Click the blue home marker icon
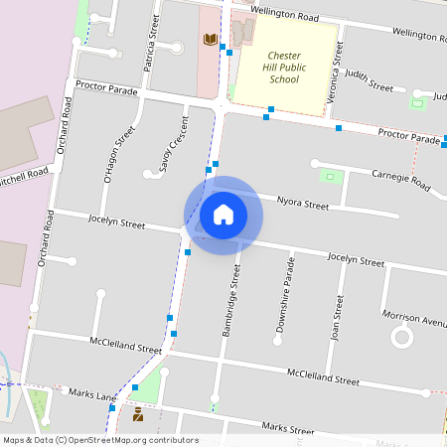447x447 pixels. pyautogui.click(x=223, y=215)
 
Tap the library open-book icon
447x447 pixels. pyautogui.click(x=210, y=40)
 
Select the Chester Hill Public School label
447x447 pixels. pyautogui.click(x=284, y=68)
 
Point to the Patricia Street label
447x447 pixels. pyautogui.click(x=153, y=41)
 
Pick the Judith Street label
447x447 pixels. pyautogui.click(x=369, y=80)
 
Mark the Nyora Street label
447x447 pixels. pyautogui.click(x=302, y=205)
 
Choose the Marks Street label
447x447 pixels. pyautogui.click(x=287, y=428)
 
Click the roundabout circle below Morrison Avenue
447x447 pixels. pyautogui.click(x=402, y=337)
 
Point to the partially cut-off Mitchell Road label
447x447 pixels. pyautogui.click(x=24, y=175)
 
